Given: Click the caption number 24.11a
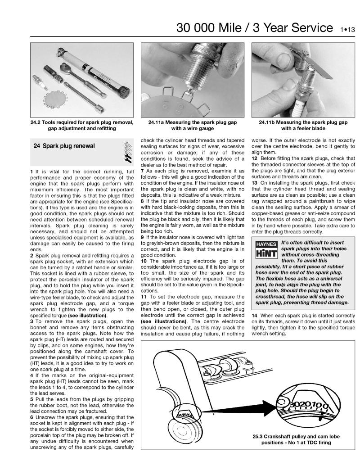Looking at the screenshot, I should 158,122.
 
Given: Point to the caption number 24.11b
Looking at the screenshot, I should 269,122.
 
